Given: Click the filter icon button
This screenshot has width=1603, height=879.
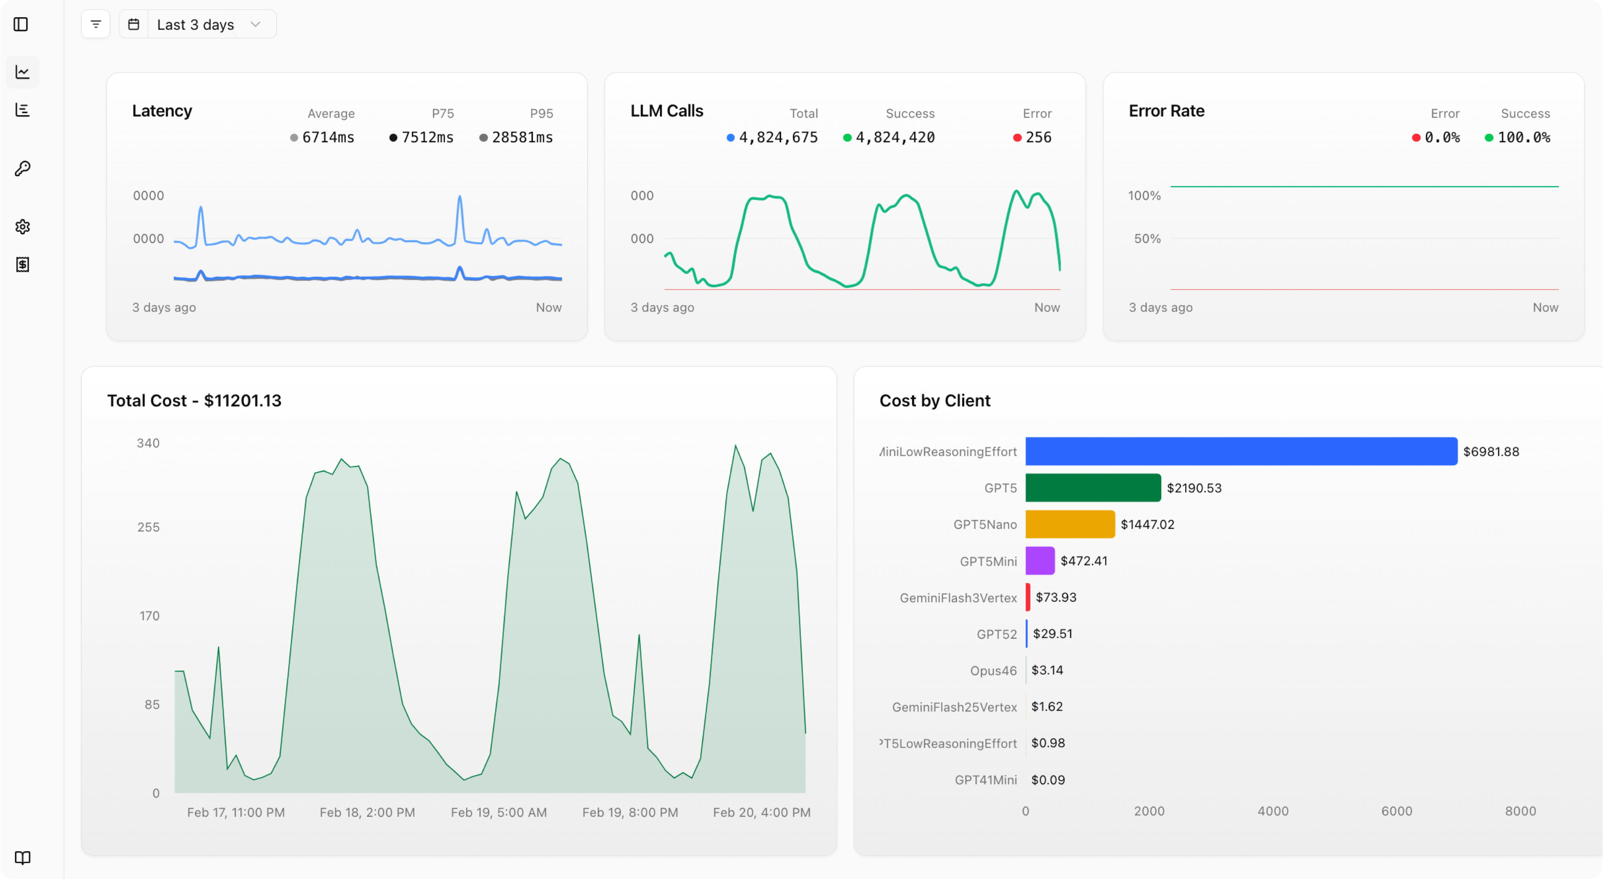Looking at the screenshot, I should click(95, 24).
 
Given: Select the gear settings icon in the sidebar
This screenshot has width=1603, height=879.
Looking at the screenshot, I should click(22, 227).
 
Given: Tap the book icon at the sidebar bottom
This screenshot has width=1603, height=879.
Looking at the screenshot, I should click(22, 858).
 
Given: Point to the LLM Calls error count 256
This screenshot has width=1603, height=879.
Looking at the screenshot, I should click(1038, 138).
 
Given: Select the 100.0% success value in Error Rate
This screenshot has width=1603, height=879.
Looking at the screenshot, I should click(1523, 138).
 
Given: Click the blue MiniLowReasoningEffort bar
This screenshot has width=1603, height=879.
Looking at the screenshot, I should click(1241, 451).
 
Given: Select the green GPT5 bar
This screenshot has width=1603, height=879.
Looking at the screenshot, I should click(1093, 488).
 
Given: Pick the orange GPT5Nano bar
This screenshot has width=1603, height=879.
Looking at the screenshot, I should click(1070, 524).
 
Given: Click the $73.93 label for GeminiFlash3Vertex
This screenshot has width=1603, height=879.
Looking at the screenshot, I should click(1056, 597).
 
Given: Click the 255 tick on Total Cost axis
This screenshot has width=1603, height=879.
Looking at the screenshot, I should click(148, 527).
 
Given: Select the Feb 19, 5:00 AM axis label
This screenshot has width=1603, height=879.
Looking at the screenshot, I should click(499, 812).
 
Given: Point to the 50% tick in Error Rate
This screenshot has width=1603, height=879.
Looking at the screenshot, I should click(1147, 239).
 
